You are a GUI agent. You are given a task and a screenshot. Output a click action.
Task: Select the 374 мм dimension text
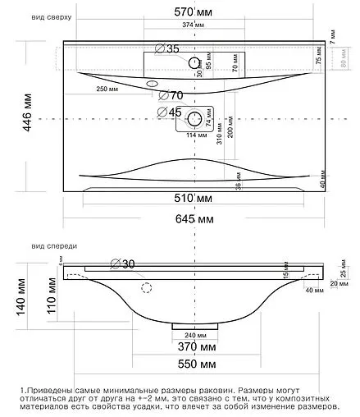tap(193, 25)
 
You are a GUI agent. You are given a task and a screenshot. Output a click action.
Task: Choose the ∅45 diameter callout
tap(170, 112)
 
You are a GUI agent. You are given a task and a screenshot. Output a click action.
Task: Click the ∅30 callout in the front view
tap(123, 263)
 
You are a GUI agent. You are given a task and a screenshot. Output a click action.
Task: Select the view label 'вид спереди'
tap(54, 245)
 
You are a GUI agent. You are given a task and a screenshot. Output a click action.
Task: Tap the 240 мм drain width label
tap(194, 336)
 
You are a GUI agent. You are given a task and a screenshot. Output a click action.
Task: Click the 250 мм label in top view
tap(107, 89)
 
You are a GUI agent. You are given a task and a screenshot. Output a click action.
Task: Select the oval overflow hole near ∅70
tap(152, 85)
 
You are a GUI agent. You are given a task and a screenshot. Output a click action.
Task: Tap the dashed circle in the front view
tap(148, 287)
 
